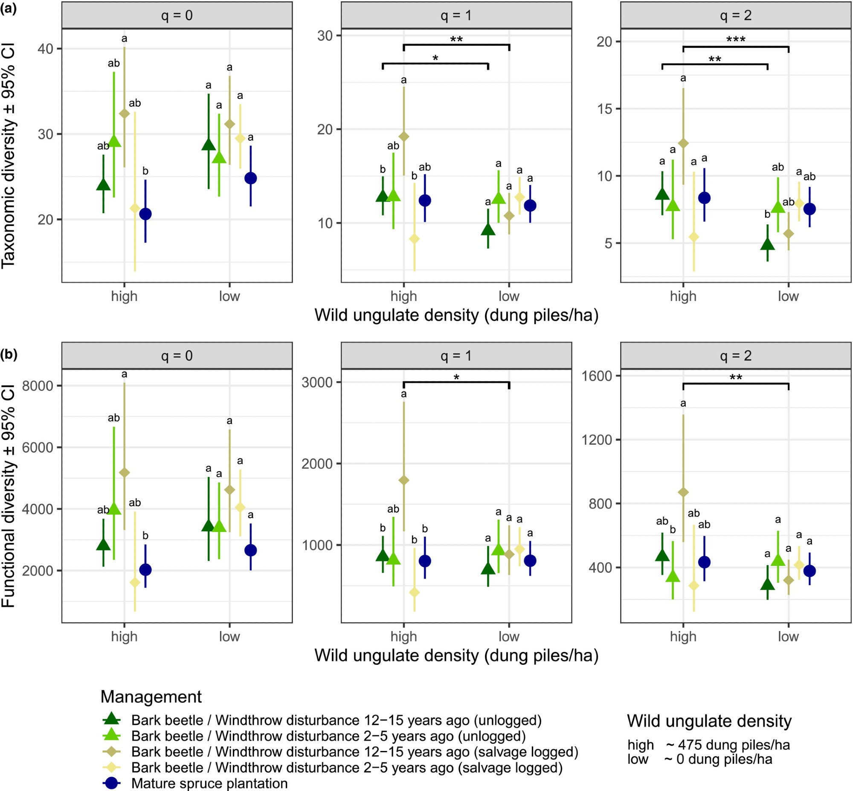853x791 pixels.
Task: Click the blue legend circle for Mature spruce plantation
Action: pos(112,783)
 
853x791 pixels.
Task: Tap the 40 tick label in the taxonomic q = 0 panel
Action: pos(46,49)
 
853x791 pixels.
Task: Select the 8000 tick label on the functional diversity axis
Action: pos(38,385)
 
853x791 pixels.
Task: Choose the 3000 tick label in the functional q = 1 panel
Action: pos(317,382)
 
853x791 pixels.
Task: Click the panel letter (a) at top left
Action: pos(9,9)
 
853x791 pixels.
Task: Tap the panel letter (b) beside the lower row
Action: pos(9,354)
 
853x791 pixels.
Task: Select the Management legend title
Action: pos(151,697)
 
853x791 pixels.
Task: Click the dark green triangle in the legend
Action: pos(112,720)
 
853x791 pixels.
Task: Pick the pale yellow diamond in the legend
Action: pos(112,768)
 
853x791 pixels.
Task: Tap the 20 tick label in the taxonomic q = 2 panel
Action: pos(605,42)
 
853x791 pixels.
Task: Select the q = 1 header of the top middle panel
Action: pos(456,16)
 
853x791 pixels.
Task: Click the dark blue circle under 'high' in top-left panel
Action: pos(145,214)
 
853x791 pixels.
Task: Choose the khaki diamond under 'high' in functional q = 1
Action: pos(404,480)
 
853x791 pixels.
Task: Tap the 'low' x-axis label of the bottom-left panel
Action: pos(229,637)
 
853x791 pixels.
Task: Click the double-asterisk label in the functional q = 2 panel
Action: pos(736,377)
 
